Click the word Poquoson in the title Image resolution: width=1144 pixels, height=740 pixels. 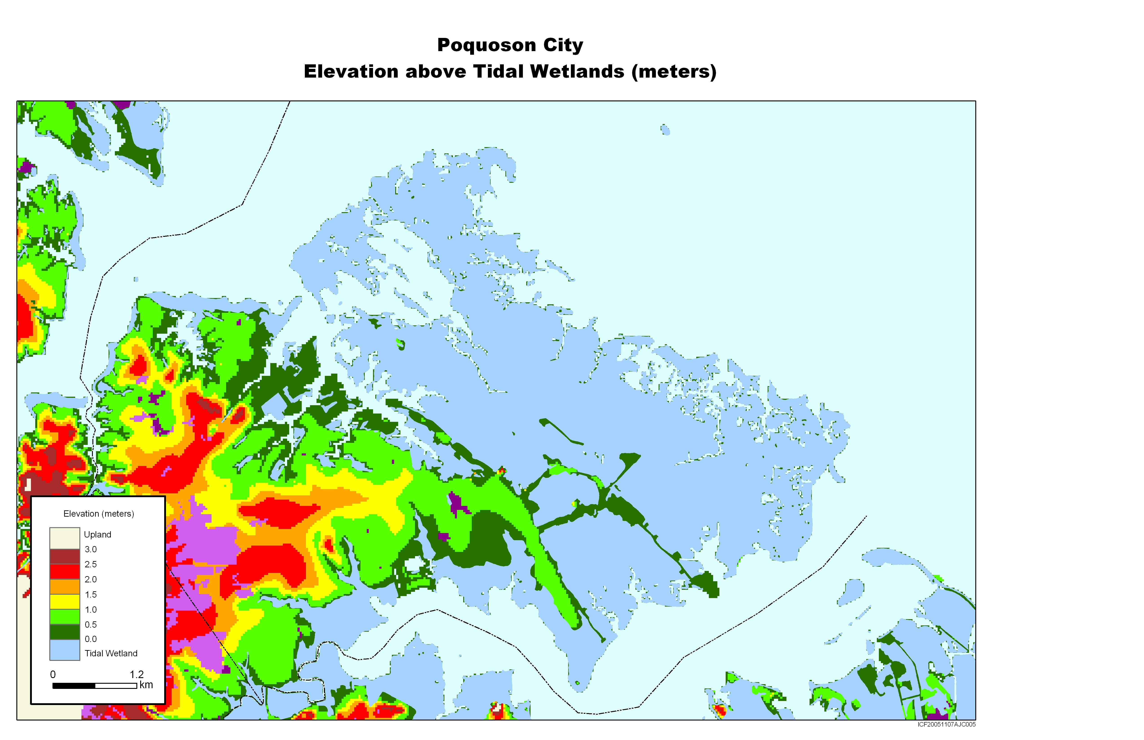(x=487, y=45)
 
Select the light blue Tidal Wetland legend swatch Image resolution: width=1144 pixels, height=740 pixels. (x=64, y=650)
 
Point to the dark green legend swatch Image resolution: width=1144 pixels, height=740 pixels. (x=64, y=631)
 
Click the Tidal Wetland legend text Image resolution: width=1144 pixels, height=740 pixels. (x=111, y=653)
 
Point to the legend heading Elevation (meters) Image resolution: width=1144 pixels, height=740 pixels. (x=98, y=514)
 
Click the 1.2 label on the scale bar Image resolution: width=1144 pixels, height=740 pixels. (x=137, y=675)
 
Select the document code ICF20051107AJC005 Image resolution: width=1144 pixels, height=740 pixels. (x=946, y=725)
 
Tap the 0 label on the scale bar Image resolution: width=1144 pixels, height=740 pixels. (x=53, y=675)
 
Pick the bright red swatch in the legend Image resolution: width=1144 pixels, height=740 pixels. (x=64, y=571)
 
